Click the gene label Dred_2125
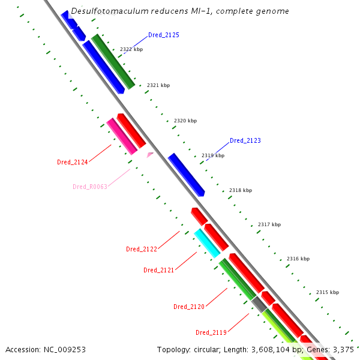(x=163, y=35)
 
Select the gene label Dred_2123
(x=245, y=140)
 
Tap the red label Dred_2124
(x=72, y=162)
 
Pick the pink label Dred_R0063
(x=89, y=187)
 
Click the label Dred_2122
(x=141, y=249)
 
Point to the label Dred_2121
(x=158, y=270)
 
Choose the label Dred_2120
(x=188, y=307)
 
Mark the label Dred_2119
(x=211, y=332)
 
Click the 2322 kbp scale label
(x=131, y=49)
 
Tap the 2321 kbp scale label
(x=158, y=85)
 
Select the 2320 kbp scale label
(x=185, y=121)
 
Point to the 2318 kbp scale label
(x=241, y=190)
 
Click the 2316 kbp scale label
(x=298, y=259)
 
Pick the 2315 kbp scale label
(x=328, y=292)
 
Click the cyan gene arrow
(x=207, y=243)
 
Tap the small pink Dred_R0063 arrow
(x=149, y=155)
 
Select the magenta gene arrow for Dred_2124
(x=121, y=136)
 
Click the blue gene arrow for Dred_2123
(x=186, y=174)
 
